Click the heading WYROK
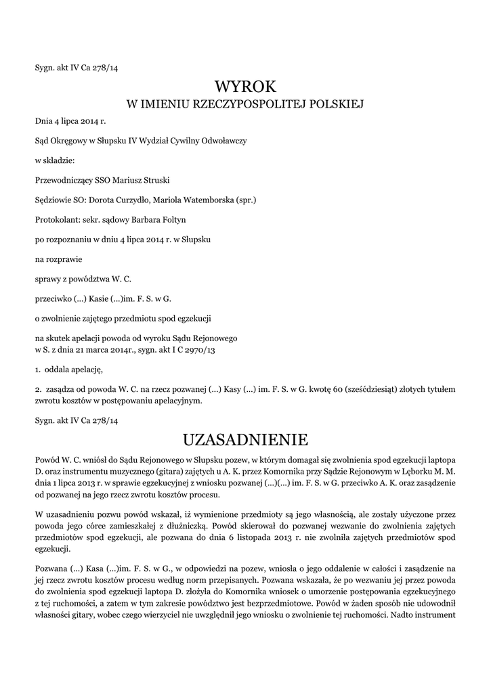click(245, 87)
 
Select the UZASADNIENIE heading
click(245, 440)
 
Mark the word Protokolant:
click(56, 219)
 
